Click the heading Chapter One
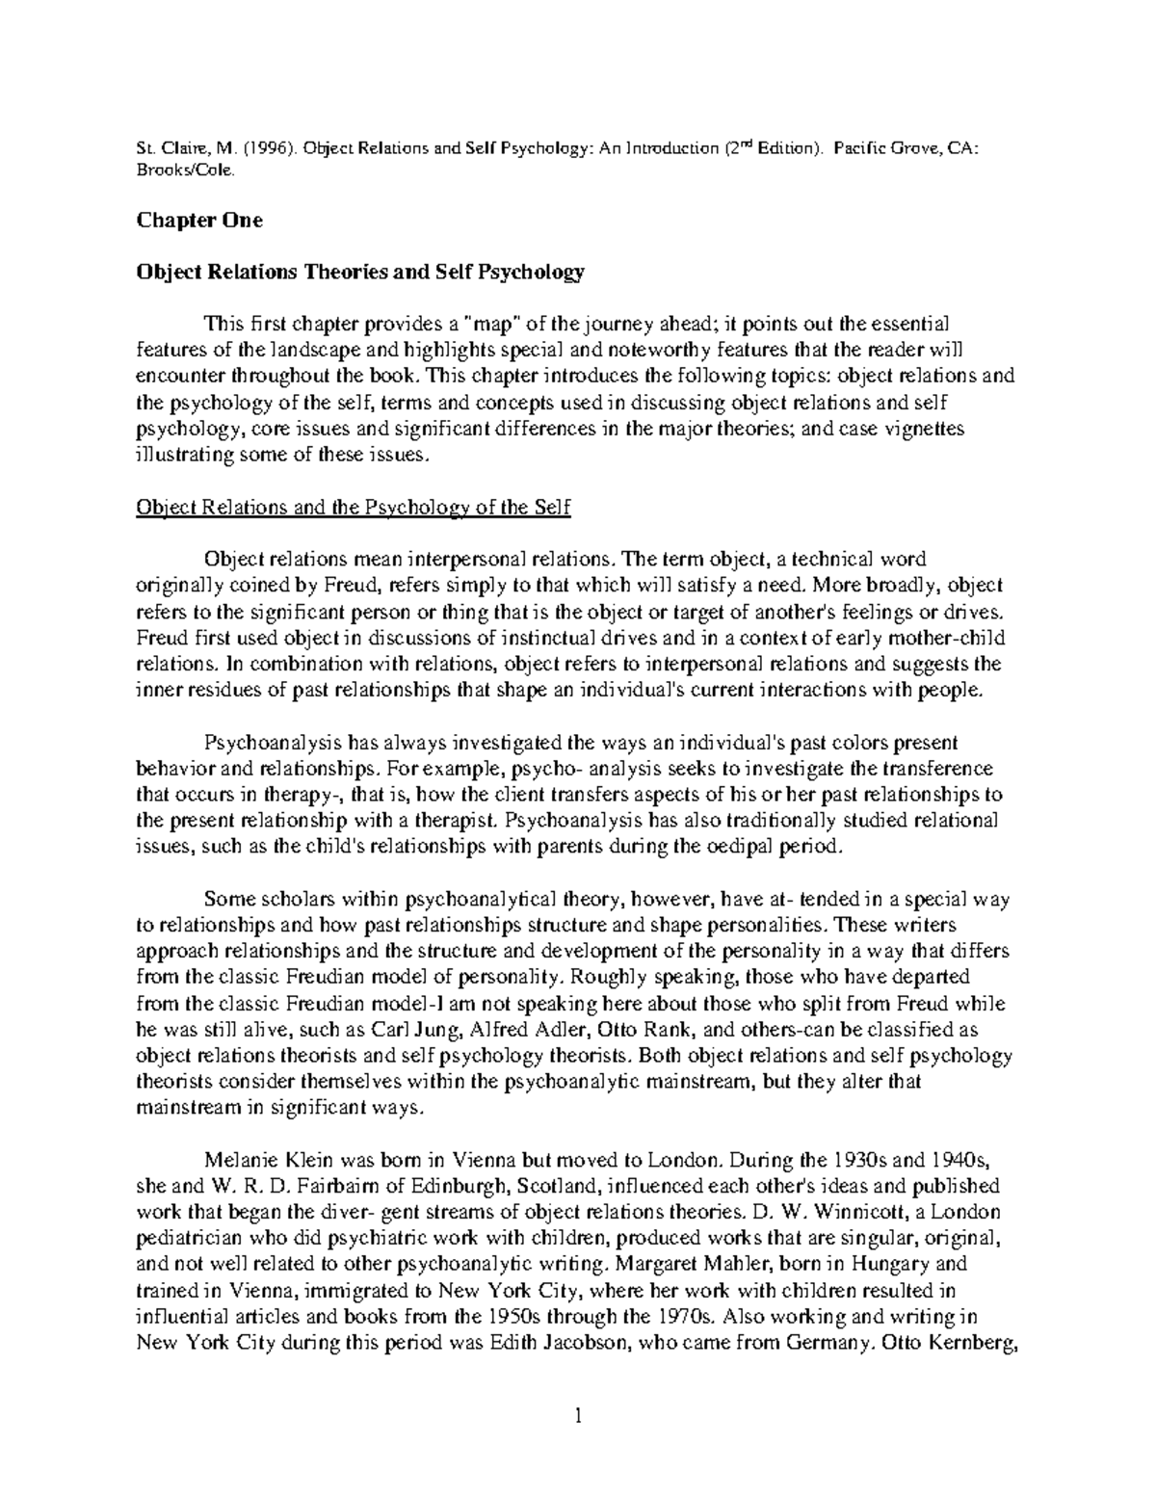199,221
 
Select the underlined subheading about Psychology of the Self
355,508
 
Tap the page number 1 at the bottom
578,1415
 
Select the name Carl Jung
367,1030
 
